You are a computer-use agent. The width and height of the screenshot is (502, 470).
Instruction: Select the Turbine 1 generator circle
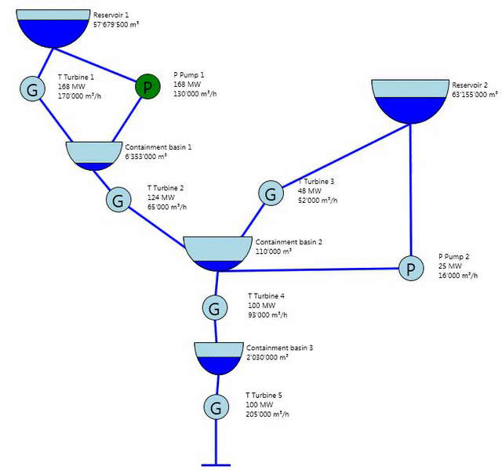click(x=32, y=89)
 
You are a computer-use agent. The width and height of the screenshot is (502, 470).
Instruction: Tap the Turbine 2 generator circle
click(x=118, y=200)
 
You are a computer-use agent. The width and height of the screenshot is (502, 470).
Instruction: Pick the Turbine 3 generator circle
click(x=270, y=193)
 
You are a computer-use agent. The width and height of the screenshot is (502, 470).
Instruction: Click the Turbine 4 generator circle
click(x=215, y=308)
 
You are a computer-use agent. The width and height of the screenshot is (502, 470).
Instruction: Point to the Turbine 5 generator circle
click(x=215, y=407)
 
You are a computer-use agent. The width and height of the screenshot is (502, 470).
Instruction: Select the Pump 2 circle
click(x=409, y=269)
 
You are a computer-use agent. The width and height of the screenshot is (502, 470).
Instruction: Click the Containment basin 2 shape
click(x=215, y=252)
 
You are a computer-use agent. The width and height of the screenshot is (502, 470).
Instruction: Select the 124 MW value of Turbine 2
click(x=158, y=197)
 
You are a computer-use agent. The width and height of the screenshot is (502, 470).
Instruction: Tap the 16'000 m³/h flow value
click(x=458, y=276)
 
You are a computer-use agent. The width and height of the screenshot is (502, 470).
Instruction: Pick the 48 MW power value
click(x=309, y=191)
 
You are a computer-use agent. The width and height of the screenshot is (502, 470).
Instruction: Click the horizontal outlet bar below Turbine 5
click(x=215, y=465)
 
